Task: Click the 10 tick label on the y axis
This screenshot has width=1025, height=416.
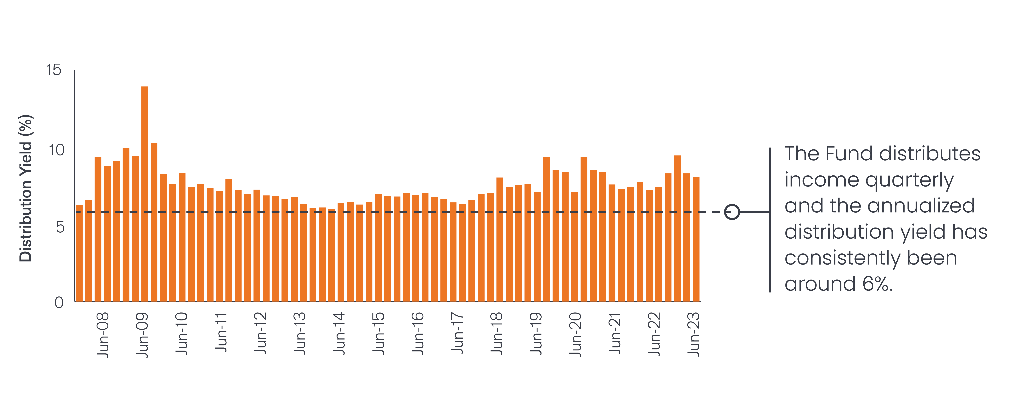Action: point(56,150)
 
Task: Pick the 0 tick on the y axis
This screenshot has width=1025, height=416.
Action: point(59,303)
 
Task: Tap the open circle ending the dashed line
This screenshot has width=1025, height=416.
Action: point(732,212)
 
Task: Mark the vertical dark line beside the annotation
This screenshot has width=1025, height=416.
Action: point(770,220)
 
